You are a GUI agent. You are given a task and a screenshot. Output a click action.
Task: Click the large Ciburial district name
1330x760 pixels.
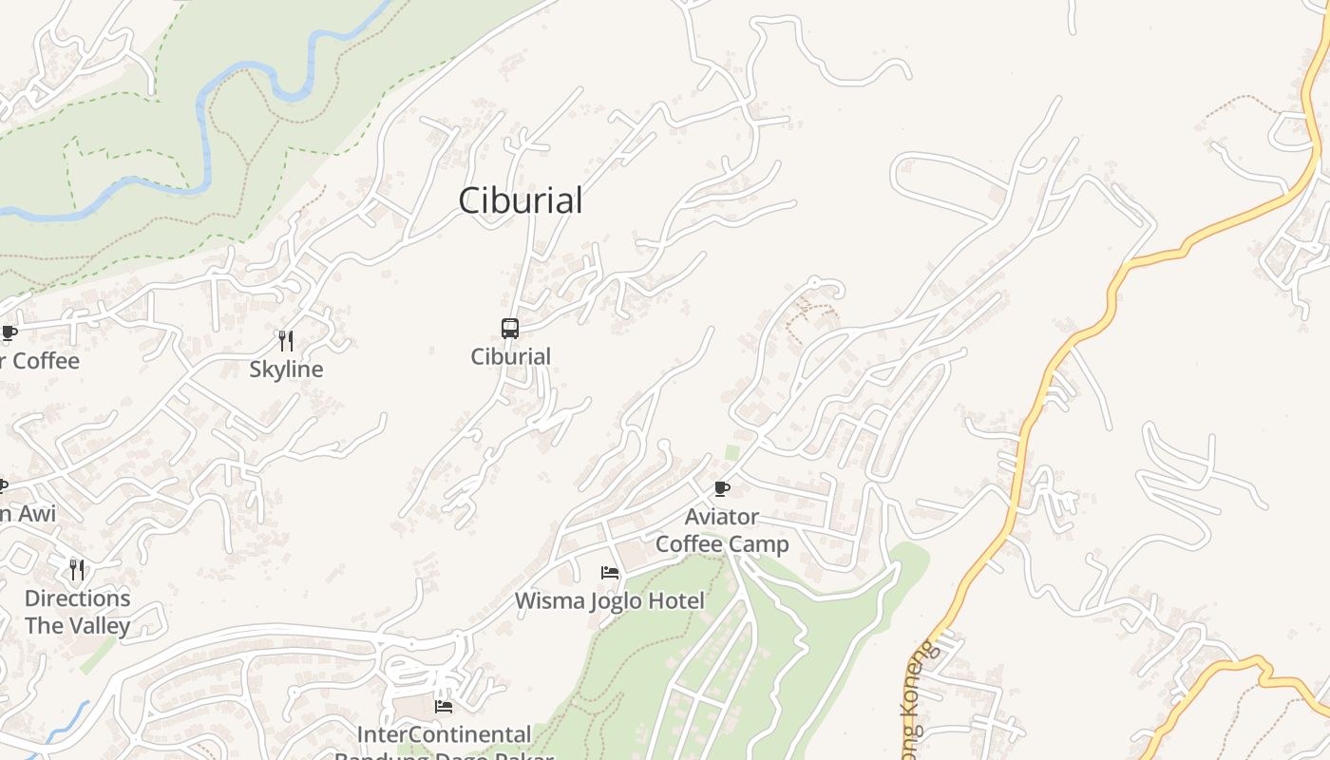[520, 200]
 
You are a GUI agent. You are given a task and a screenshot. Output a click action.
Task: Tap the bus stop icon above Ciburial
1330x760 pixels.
[510, 329]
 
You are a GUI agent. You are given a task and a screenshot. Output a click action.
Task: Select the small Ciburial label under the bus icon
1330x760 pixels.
[510, 356]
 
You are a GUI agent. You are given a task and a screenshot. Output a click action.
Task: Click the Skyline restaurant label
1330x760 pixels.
[286, 370]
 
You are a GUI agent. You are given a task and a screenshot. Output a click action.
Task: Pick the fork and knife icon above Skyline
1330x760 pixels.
[285, 340]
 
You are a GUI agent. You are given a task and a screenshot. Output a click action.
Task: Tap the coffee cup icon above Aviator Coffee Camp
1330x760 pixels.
[722, 489]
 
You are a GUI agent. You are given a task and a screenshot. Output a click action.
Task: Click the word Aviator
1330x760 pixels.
[722, 518]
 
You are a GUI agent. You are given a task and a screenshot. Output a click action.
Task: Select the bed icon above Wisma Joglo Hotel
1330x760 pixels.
[610, 573]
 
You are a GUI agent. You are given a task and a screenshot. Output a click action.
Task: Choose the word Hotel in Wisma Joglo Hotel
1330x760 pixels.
[674, 601]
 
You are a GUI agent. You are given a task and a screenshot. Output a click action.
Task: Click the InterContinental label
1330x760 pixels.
[444, 734]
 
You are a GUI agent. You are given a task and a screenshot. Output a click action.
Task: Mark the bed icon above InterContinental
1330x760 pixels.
[444, 706]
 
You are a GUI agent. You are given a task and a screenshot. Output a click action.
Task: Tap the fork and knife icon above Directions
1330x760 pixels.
[77, 569]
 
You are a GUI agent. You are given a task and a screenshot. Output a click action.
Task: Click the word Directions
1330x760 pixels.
[77, 598]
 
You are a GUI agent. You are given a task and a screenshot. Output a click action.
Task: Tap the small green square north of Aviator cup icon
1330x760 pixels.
[732, 452]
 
